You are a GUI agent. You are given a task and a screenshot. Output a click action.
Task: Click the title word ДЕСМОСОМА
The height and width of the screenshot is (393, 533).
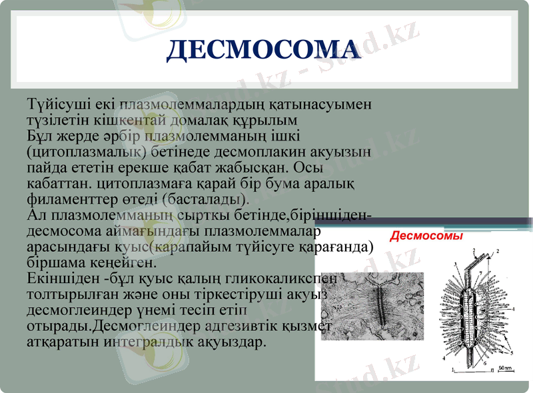263,51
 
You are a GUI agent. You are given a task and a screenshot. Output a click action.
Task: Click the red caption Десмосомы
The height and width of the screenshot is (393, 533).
426,236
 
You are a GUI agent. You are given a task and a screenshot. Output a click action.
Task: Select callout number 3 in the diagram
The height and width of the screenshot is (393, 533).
454,264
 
